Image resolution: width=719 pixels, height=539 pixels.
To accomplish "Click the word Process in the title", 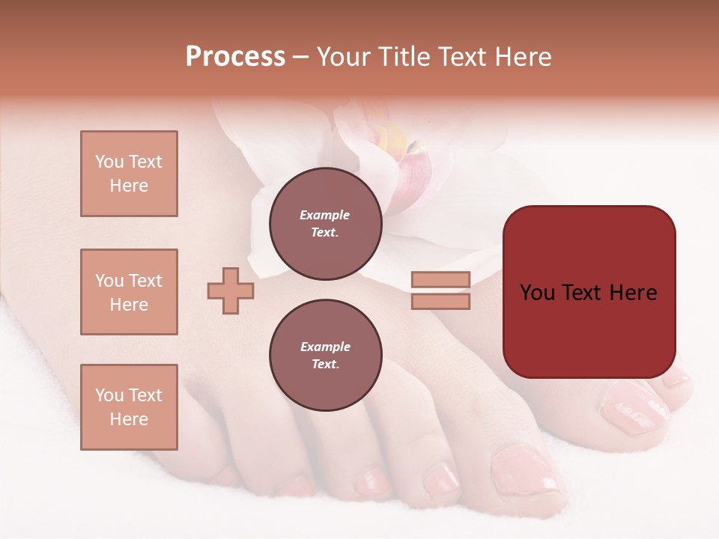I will (x=235, y=57).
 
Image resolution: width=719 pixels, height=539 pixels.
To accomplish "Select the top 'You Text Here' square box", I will (x=129, y=174).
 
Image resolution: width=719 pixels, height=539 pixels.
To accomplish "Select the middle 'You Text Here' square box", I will (x=129, y=292).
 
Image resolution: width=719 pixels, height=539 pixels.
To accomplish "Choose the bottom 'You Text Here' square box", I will (x=129, y=407).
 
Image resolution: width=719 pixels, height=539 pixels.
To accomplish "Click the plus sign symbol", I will (x=231, y=290).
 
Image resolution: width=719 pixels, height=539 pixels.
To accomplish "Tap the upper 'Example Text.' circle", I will (x=326, y=224).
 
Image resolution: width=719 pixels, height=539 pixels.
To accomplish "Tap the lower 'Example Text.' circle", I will (x=326, y=356).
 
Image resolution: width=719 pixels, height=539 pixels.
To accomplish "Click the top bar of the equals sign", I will (x=440, y=279).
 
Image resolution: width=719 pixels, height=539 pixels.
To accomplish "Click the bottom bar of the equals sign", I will (x=440, y=301).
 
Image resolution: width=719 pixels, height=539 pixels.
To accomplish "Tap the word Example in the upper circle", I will (x=325, y=216).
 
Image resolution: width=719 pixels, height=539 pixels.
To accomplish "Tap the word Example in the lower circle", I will (x=325, y=347).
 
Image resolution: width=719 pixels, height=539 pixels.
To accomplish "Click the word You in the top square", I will (x=109, y=162).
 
